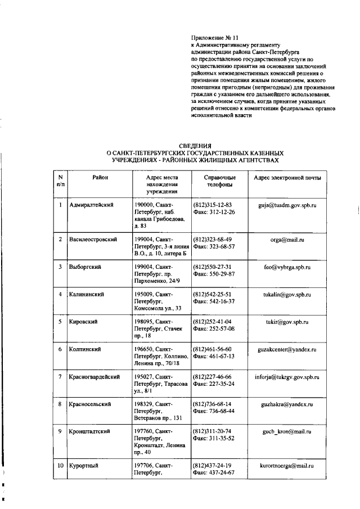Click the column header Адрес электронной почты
pyautogui.click(x=287, y=178)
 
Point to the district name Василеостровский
pyautogui.click(x=93, y=240)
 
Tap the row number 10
pyautogui.click(x=60, y=466)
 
